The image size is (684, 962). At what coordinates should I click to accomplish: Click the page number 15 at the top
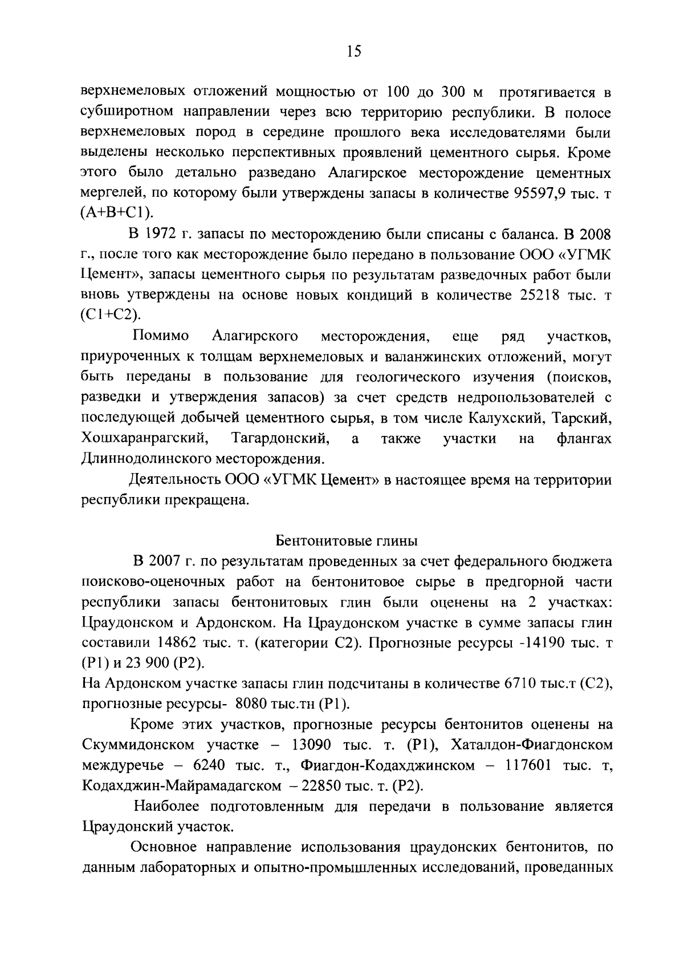pyautogui.click(x=353, y=52)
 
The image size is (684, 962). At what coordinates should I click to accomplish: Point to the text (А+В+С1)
pyautogui.click(x=118, y=213)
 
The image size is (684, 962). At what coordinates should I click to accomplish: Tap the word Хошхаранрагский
pyautogui.click(x=143, y=438)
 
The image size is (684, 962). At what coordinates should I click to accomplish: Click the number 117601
pyautogui.click(x=528, y=765)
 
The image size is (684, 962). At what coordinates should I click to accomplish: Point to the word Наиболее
pyautogui.click(x=169, y=806)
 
